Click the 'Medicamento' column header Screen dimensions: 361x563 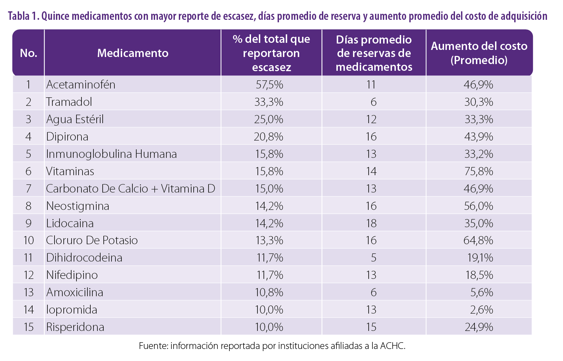pos(133,53)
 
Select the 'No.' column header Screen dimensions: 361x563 pos(29,53)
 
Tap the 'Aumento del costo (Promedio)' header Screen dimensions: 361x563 pos(479,53)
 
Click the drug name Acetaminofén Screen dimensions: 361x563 pos(81,85)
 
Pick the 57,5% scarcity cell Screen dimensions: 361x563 pos(269,85)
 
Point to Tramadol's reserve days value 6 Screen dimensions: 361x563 pos(373,102)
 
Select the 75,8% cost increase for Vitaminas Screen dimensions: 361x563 pos(478,171)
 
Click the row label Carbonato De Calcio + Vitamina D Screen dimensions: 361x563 pos(130,189)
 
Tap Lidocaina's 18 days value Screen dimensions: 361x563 pos(371,223)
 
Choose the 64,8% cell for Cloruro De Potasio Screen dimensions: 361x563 pos(478,240)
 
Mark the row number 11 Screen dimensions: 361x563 pos(28,258)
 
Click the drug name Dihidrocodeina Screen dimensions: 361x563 pos(84,258)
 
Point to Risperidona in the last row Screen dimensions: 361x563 pos(75,327)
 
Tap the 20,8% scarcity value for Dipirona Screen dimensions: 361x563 pos(268,137)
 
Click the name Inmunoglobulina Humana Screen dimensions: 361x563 pos(111,154)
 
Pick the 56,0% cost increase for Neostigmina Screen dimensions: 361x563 pos(478,206)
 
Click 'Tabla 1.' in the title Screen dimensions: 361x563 pos(23,16)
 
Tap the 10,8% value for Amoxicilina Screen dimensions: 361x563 pos(269,292)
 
